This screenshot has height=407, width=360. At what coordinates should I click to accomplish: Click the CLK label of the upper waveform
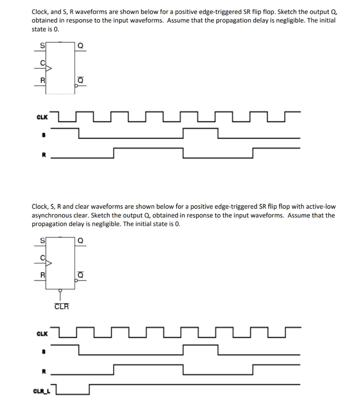tap(42, 118)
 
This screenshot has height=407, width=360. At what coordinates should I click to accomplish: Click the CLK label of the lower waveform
tap(42, 333)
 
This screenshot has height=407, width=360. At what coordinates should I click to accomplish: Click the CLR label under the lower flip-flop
tap(61, 306)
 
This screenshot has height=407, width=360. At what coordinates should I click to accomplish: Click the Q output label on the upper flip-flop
tap(80, 45)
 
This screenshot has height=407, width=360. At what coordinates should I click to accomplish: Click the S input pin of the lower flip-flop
tap(42, 240)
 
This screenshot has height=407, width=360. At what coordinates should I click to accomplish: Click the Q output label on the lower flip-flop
tap(80, 240)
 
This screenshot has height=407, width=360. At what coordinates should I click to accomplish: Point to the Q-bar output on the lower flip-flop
tap(80, 275)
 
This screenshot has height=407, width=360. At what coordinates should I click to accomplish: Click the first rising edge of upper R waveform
tap(114, 153)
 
